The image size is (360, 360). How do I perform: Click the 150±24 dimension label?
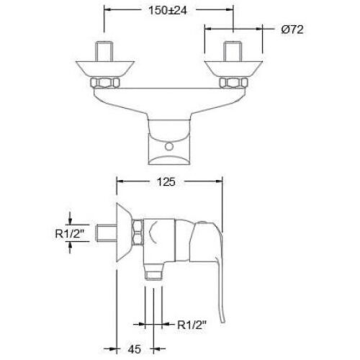coord(168,11)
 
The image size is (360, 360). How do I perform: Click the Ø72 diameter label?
coord(292,30)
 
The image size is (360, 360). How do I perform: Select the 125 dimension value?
coord(166,181)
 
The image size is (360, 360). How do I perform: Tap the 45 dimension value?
coord(135,349)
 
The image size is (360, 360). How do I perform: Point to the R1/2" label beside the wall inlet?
coord(71,233)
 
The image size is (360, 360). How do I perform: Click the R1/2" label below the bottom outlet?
coord(192,325)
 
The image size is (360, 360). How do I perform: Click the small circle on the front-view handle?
coord(169,146)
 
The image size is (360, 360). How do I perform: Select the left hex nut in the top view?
coord(105,83)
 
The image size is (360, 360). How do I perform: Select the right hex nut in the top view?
coord(233,83)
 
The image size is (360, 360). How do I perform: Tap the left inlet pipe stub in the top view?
coord(104,51)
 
